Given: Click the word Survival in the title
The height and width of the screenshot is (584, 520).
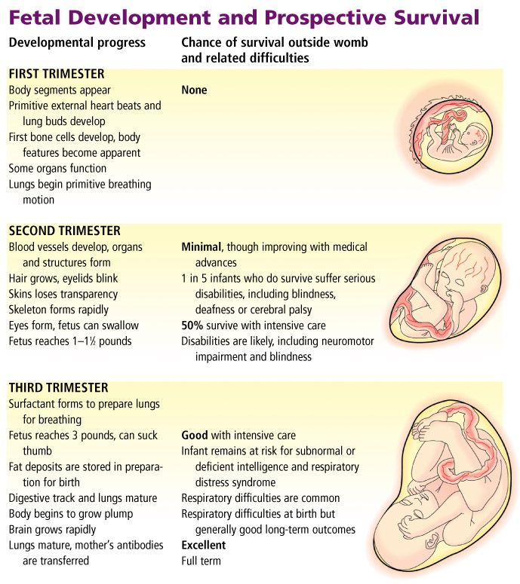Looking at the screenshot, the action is [436, 17].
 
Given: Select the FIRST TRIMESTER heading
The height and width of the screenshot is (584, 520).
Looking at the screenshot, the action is [57, 74].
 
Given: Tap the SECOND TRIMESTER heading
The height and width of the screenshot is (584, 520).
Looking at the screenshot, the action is [65, 231].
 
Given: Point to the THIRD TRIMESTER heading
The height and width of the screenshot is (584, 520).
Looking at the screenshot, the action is [59, 387].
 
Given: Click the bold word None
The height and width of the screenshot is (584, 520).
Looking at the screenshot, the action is [194, 90].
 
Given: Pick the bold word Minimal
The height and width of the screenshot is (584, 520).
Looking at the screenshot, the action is [202, 246].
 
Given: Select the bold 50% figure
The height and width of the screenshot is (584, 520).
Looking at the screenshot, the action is [192, 325].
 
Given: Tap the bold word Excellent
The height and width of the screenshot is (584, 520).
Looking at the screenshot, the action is [203, 545].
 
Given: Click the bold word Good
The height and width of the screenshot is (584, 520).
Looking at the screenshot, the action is [195, 435].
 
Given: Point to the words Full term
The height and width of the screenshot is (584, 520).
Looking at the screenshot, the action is [201, 561].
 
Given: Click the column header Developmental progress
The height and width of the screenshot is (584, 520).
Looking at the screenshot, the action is [77, 43].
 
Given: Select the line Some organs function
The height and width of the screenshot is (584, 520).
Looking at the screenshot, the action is [58, 168].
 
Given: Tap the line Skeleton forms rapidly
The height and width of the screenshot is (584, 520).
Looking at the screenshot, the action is [59, 310].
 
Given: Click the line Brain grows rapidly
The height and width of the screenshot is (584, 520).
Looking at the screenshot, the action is [52, 529].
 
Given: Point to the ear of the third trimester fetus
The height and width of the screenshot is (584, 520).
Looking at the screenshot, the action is [432, 540].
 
